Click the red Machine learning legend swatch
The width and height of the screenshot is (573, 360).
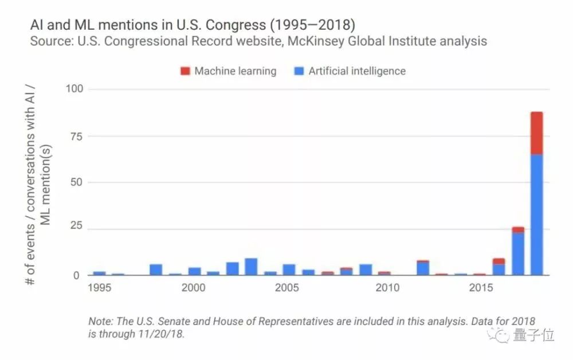pos(185,71)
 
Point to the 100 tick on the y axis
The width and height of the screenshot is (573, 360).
pos(75,89)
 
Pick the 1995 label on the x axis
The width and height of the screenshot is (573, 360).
pos(99,288)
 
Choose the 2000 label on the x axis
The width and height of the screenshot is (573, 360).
pos(194,288)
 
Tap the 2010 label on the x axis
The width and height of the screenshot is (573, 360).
pos(384,288)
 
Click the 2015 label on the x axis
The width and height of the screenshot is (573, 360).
pos(480,288)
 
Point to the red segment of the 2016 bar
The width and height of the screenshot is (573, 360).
pos(499,261)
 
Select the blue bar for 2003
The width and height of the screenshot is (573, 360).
pos(251,267)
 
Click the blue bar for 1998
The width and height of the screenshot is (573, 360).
pos(156,269)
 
